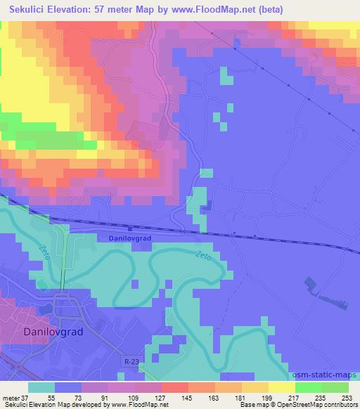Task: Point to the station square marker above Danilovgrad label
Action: tap(131, 228)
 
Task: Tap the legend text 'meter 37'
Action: tap(15, 396)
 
